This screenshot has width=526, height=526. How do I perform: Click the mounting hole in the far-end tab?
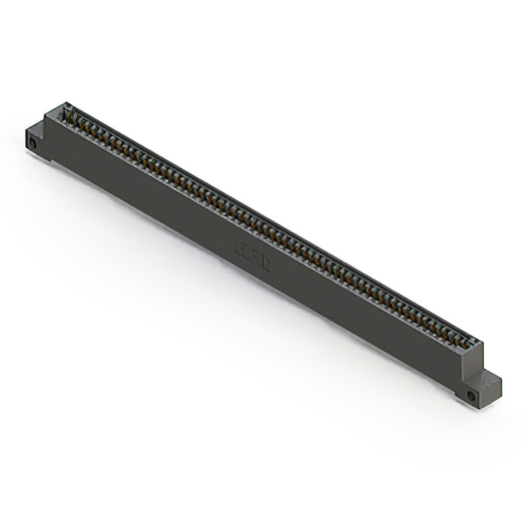[33, 143]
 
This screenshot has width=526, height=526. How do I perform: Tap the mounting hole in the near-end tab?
[471, 396]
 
